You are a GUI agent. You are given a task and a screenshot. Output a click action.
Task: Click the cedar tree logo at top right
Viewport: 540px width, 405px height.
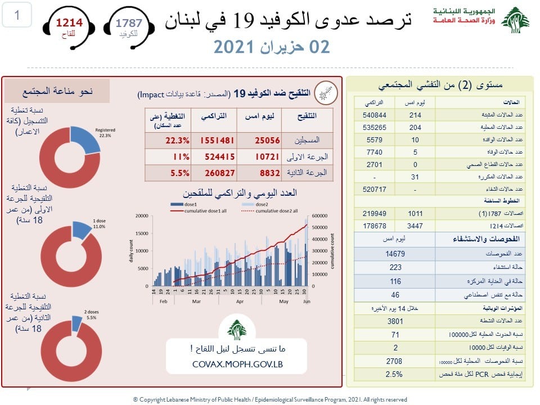tap(515, 21)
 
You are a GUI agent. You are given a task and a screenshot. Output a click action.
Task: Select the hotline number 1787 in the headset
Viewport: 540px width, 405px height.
tap(129, 23)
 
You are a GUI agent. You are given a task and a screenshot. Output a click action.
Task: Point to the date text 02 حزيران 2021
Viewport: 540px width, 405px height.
tap(272, 47)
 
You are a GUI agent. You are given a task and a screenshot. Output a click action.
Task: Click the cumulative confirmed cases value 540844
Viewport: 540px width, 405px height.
tap(372, 114)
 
